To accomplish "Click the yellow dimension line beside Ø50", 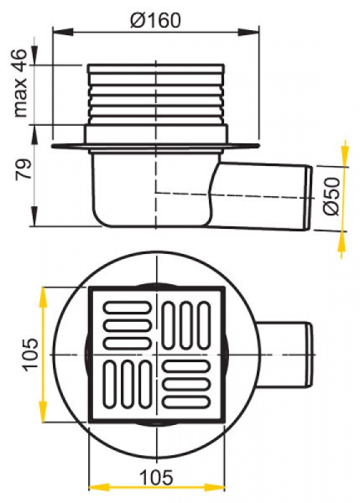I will click(x=342, y=195).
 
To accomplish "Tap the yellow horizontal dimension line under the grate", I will click(x=155, y=487).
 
